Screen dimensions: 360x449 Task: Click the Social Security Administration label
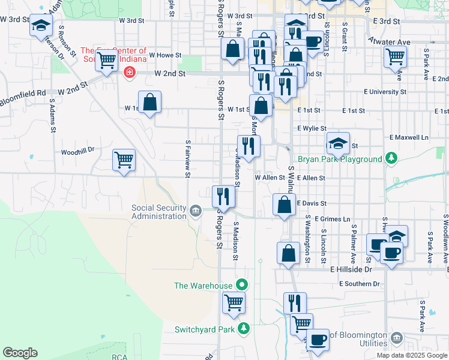(x=158, y=212)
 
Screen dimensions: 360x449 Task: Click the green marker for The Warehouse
(x=243, y=285)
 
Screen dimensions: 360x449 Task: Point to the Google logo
(x=20, y=353)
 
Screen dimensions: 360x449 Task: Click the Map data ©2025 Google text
(x=412, y=355)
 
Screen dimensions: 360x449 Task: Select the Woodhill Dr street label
(x=78, y=152)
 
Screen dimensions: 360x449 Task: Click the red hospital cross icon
(x=127, y=73)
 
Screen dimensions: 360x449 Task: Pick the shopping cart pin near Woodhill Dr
(x=124, y=160)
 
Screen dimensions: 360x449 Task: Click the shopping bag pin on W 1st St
(x=149, y=102)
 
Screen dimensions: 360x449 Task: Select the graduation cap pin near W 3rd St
(x=41, y=26)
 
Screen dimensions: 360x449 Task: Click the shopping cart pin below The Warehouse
(x=234, y=302)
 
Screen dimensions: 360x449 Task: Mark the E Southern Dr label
(x=359, y=284)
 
